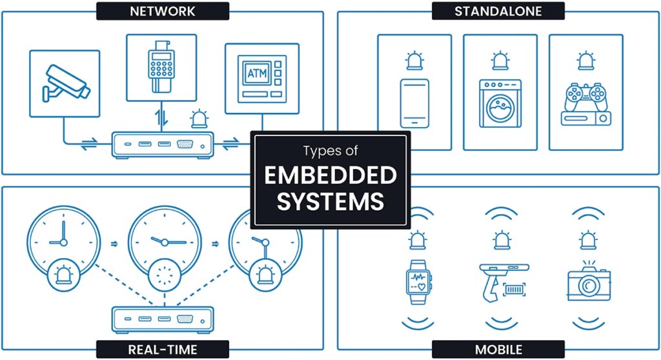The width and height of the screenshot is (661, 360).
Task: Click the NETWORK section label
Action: tap(162, 11)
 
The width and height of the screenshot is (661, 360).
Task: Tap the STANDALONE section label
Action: tap(498, 11)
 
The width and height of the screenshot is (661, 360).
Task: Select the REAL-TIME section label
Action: tap(162, 350)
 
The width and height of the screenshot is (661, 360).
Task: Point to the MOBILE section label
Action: tap(498, 350)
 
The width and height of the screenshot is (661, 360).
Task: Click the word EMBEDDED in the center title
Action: tap(330, 175)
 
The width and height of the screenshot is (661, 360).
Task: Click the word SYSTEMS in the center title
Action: tap(330, 201)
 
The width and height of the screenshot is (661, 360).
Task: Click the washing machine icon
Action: tap(500, 103)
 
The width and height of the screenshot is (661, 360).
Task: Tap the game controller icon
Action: tap(584, 97)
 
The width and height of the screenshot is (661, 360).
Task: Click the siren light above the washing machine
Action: tap(500, 61)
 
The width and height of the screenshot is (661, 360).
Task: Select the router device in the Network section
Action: tap(163, 145)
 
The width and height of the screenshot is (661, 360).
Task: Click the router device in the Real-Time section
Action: tap(163, 318)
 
